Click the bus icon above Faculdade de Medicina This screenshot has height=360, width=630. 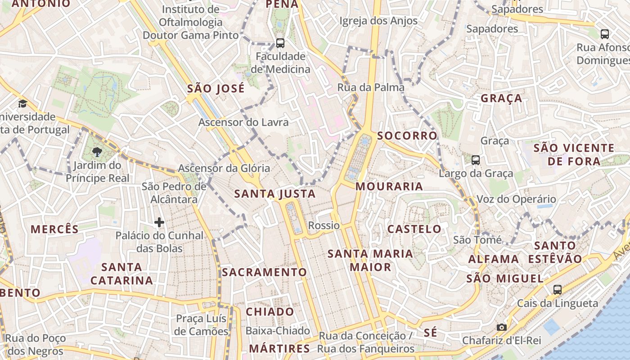(280, 43)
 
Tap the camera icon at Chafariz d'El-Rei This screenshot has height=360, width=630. (501, 327)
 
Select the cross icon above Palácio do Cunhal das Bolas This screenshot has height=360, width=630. (159, 222)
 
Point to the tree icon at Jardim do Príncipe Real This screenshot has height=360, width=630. (97, 152)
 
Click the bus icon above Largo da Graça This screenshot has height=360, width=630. (475, 160)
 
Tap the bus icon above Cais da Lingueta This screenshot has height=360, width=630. (557, 289)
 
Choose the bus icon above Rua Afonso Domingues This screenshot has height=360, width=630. (605, 34)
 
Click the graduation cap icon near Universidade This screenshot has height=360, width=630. (22, 104)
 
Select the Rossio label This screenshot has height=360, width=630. (324, 225)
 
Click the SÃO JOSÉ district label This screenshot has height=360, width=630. (216, 89)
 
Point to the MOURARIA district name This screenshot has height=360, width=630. (389, 186)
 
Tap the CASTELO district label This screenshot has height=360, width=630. (414, 229)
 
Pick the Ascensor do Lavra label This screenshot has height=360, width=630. (243, 122)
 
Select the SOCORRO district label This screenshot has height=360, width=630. (407, 135)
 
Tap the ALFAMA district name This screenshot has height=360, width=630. (494, 259)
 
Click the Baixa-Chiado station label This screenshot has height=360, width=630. (278, 331)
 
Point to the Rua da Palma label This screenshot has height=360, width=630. (371, 87)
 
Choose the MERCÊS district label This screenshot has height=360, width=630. (54, 229)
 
